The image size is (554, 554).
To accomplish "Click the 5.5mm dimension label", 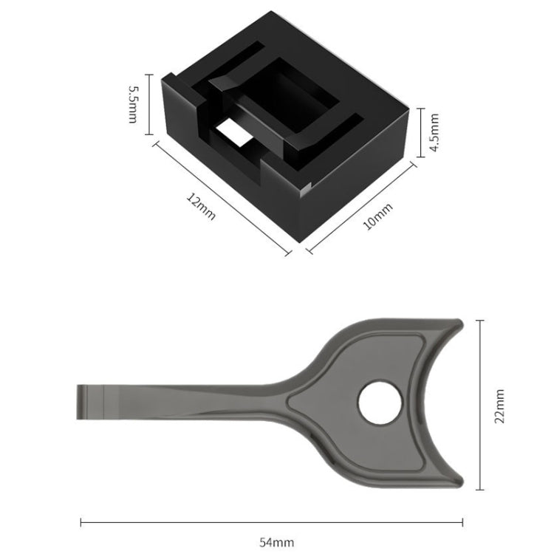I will (133, 104).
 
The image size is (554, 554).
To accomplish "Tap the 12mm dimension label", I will (201, 208).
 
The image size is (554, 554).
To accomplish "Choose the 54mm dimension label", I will (276, 542).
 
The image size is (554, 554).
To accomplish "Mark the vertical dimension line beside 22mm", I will (481, 405).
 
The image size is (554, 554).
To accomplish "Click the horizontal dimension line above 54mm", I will (276, 523).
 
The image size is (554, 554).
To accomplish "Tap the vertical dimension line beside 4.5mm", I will (421, 132).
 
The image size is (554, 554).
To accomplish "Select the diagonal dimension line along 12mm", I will (222, 199).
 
